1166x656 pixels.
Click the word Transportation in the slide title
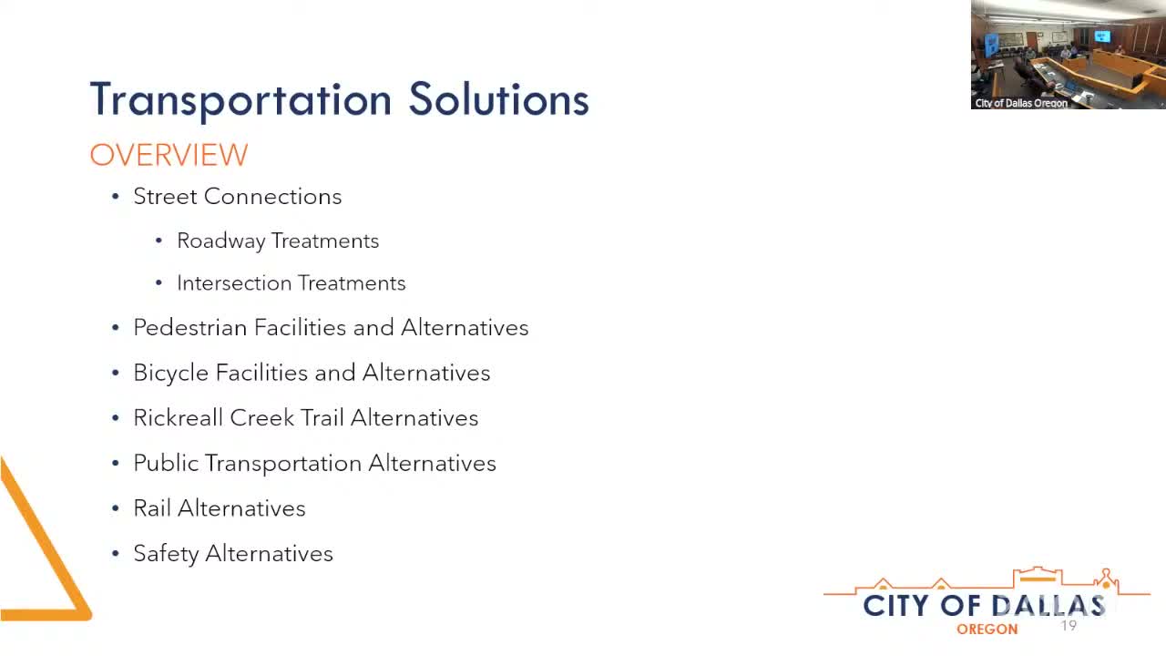(240, 99)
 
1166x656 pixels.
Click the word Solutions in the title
(498, 99)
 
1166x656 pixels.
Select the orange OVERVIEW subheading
(169, 155)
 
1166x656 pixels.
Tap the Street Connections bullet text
(237, 196)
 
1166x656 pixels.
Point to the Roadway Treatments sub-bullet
(277, 241)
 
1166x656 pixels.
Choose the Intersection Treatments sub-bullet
(291, 283)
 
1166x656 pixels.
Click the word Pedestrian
(190, 328)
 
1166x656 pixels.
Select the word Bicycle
(170, 373)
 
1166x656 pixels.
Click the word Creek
(261, 418)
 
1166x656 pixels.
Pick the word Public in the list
(165, 463)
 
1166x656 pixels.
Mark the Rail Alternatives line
(219, 508)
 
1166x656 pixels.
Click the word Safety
(165, 554)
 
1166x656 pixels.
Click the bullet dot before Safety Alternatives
(116, 554)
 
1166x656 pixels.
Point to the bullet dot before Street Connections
(116, 197)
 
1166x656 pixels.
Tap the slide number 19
(1069, 626)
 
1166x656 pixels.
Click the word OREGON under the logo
(987, 630)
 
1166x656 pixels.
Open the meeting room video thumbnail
(1068, 55)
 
